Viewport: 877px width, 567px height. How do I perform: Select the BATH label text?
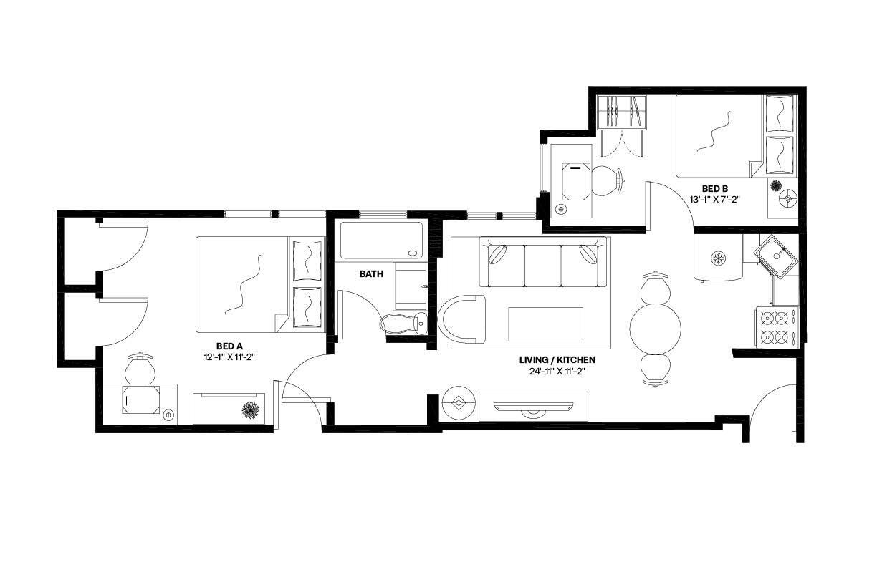coord(371,274)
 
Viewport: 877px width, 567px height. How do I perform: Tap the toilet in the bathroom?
coord(404,324)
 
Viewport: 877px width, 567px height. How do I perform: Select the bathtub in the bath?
coord(381,241)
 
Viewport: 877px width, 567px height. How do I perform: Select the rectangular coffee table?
coord(545,324)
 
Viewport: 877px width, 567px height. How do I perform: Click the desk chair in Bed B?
coord(607,180)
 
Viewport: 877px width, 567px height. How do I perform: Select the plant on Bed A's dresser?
coord(251,410)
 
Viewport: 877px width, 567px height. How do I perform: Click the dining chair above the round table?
coord(655,287)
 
